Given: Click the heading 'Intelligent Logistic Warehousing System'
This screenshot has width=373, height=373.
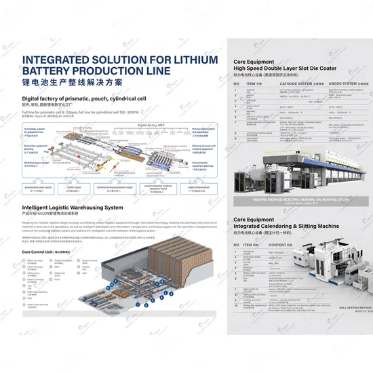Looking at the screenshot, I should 73,207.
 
